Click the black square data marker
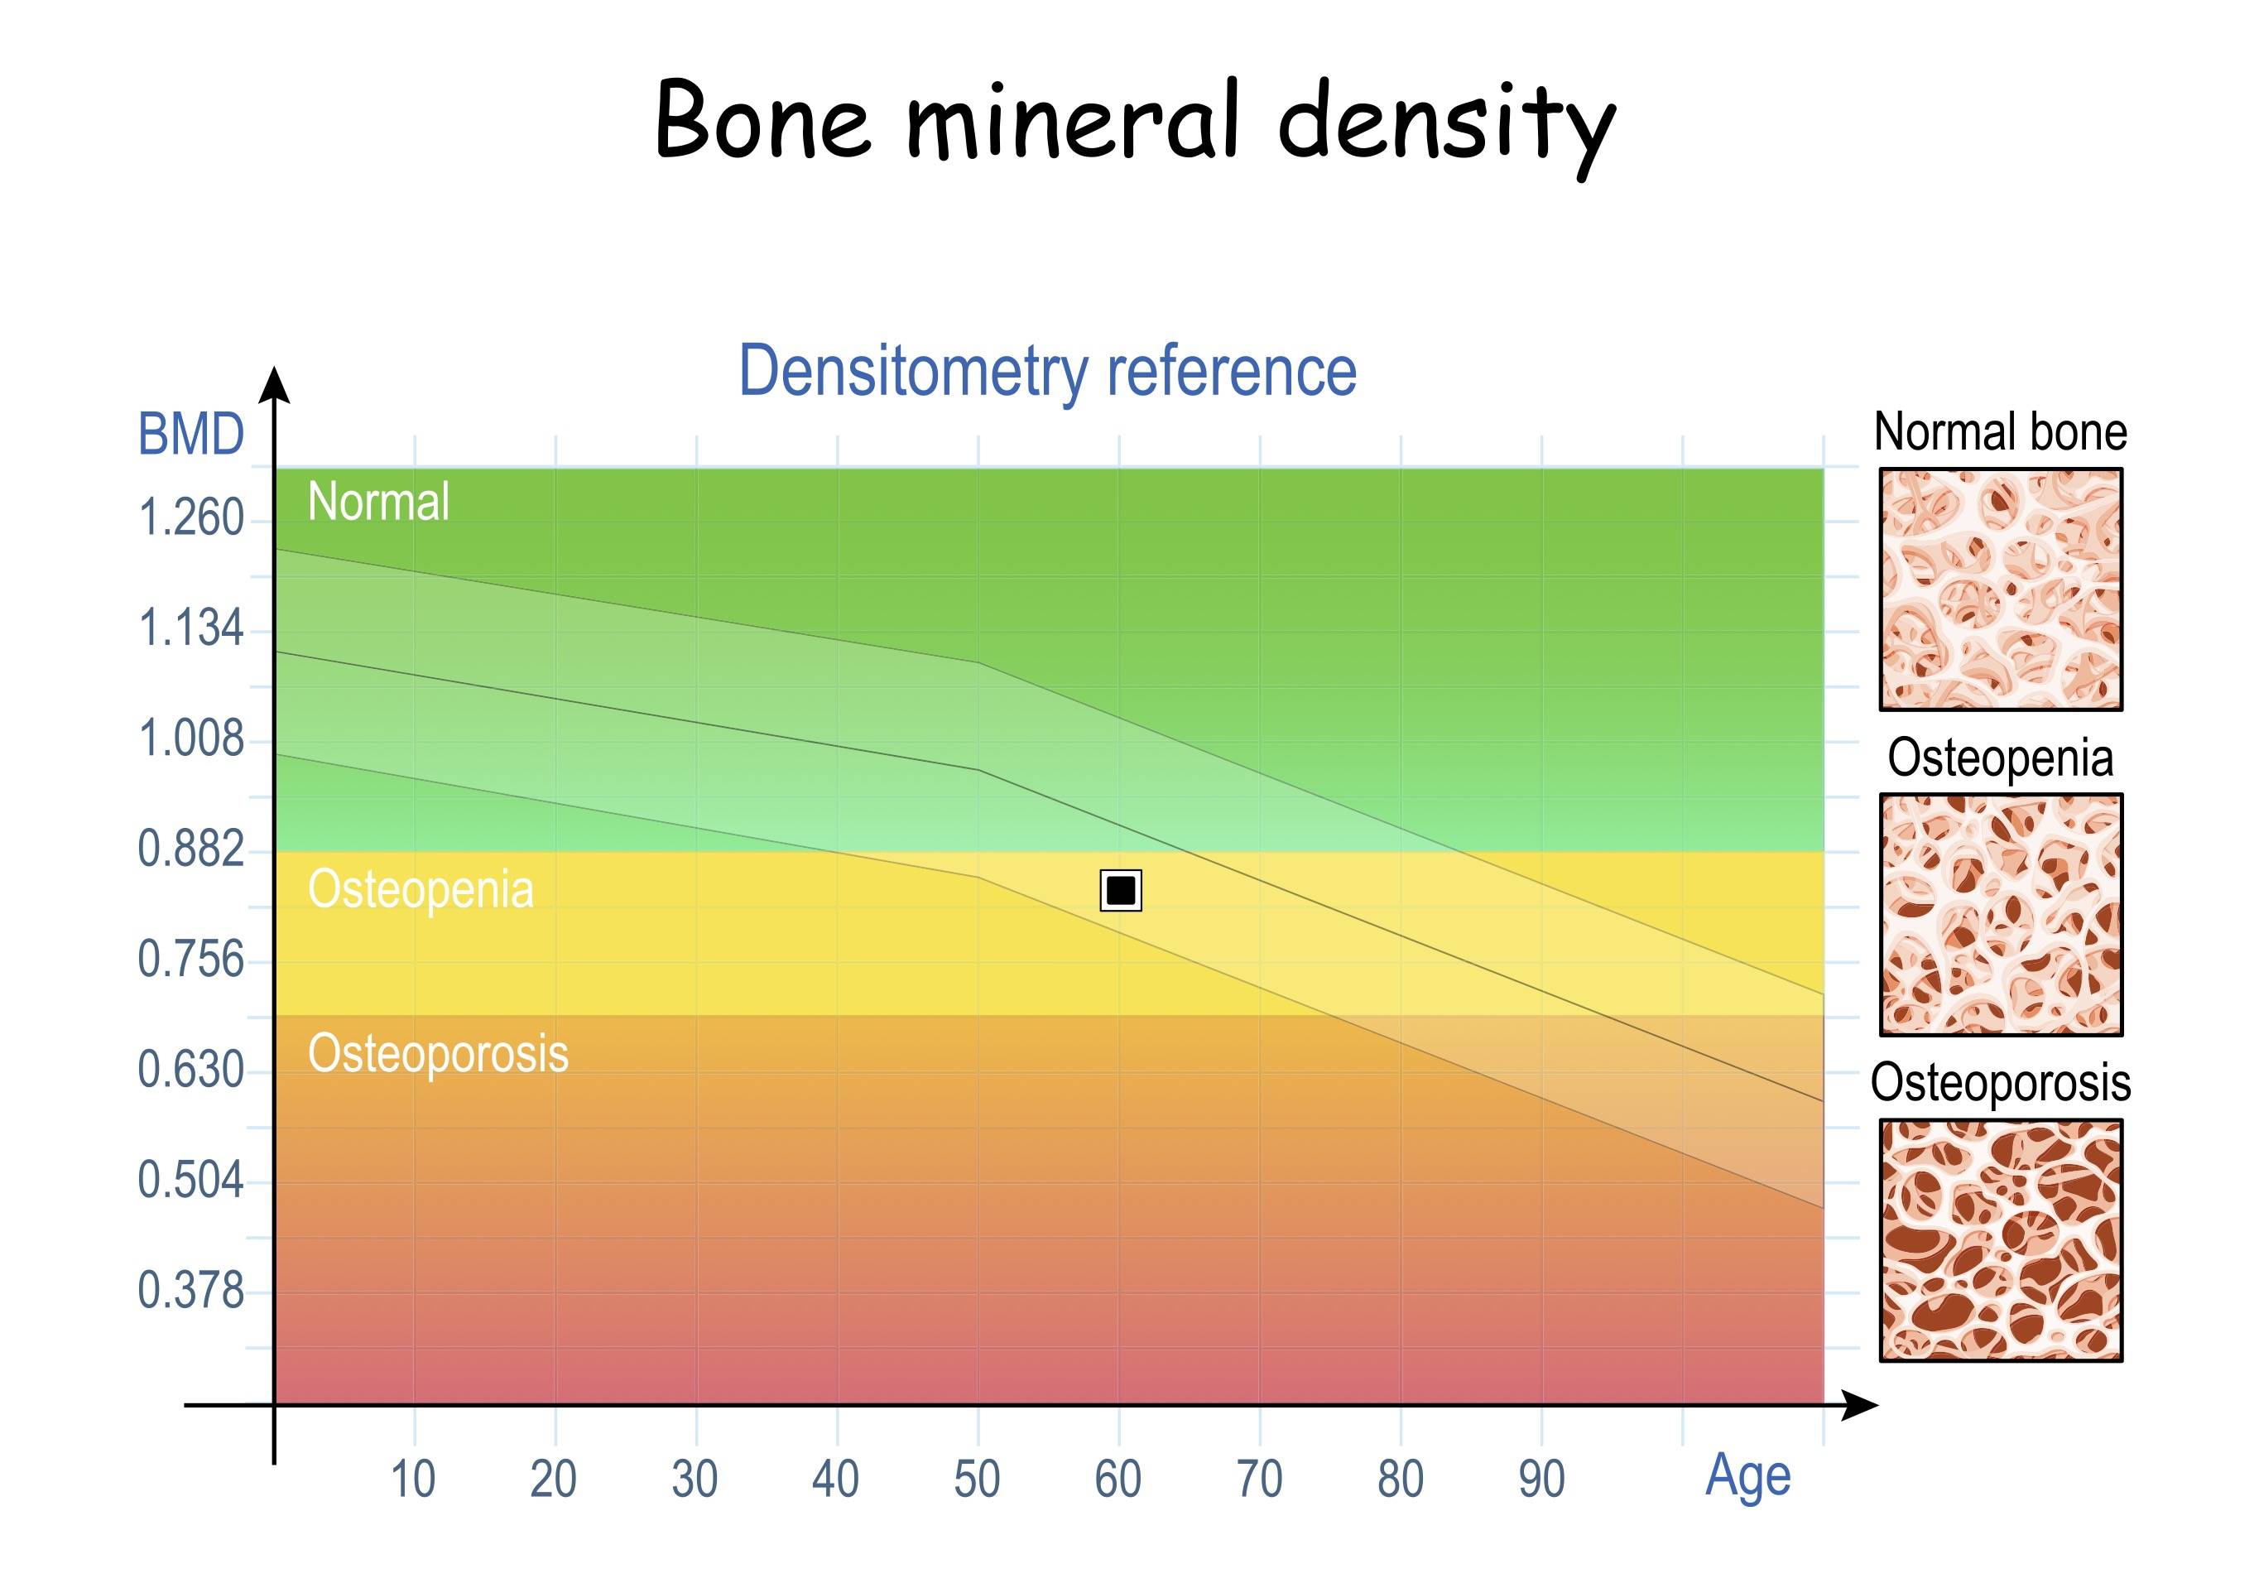(x=1121, y=890)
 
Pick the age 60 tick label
(x=1118, y=1480)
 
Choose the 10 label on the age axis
(x=413, y=1480)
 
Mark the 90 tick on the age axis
(x=1542, y=1480)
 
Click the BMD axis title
(x=191, y=434)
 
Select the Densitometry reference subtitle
(x=1048, y=371)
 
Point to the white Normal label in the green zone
(x=379, y=502)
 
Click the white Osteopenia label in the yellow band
(x=421, y=890)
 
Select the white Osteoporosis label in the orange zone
(x=439, y=1055)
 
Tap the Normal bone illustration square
(x=2002, y=589)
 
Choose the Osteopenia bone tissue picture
(x=2002, y=915)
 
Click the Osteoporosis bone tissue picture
(x=2002, y=1240)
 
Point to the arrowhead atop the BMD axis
(x=275, y=385)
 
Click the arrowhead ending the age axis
(x=1859, y=1406)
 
